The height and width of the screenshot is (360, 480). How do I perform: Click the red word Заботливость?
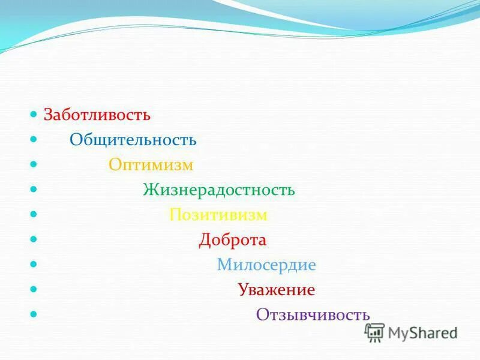(97, 115)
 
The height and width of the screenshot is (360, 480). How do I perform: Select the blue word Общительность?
(133, 140)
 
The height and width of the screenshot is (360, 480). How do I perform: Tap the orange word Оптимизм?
(151, 165)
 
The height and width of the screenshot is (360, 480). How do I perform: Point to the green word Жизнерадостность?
(219, 190)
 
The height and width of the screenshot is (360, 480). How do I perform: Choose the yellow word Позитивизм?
(218, 215)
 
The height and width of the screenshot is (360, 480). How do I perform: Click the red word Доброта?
(233, 240)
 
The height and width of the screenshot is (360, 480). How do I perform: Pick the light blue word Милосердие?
(266, 265)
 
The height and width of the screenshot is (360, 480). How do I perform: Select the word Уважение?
(276, 290)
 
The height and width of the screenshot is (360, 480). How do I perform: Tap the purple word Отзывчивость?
(313, 315)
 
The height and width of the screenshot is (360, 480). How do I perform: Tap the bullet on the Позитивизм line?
(34, 214)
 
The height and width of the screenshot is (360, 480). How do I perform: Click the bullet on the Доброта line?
(34, 239)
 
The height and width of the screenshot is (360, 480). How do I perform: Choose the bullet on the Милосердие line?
(34, 264)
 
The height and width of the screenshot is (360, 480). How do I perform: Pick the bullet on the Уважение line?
(34, 289)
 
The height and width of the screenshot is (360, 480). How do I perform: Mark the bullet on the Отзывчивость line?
(34, 314)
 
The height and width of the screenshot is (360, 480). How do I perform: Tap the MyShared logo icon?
(375, 332)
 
